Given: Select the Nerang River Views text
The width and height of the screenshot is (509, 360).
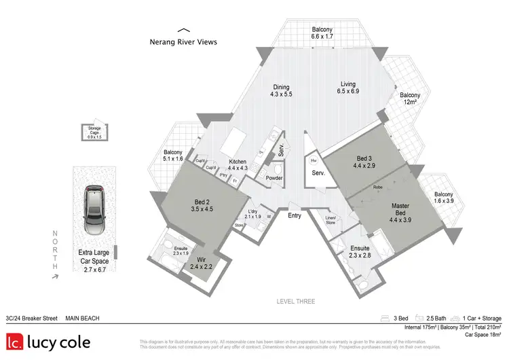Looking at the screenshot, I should coord(183,41).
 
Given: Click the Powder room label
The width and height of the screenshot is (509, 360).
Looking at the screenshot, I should coord(274,178).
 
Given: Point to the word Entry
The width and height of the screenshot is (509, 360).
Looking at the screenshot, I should coord(295,215).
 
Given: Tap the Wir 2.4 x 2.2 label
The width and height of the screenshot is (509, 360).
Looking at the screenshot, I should coord(201,264).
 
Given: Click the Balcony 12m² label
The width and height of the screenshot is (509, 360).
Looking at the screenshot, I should coord(409,98).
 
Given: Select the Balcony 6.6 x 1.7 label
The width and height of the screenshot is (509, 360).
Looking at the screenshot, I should coord(322,33).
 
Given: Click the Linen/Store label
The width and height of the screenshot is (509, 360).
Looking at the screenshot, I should coord(331,219).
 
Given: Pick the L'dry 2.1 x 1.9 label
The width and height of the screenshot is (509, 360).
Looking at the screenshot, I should coord(252,214).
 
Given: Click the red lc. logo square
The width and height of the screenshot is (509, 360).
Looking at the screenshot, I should coord(16,343).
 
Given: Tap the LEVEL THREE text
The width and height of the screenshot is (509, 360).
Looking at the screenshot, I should coord(295,301).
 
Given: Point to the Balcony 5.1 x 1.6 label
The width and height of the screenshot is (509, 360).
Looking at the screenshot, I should coord(174,155).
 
